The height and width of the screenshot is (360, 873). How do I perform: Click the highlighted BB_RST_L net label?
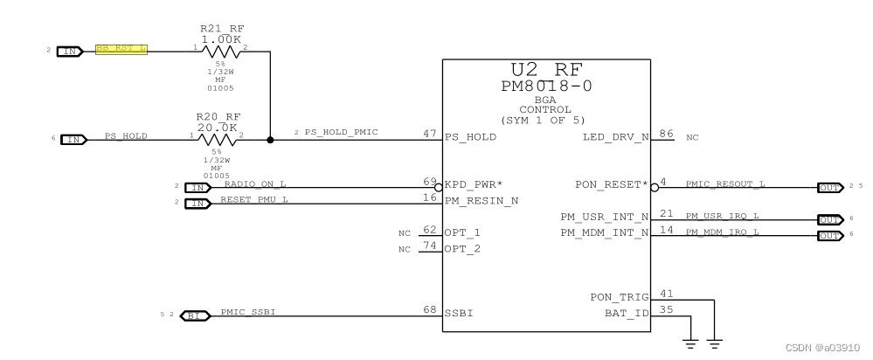click(x=121, y=50)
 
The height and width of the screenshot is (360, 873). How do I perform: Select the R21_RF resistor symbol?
click(x=218, y=51)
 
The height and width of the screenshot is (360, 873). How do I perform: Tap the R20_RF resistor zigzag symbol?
click(x=218, y=139)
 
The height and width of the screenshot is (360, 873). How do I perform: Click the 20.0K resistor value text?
click(x=218, y=127)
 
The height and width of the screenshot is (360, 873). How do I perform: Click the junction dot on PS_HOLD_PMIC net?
click(x=270, y=139)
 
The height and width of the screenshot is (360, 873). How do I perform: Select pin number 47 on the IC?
click(x=428, y=134)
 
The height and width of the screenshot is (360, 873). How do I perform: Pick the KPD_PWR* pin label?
click(x=475, y=185)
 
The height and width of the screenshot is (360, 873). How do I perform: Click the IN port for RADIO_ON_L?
click(x=199, y=187)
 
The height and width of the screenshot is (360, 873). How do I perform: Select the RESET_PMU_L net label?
click(x=253, y=200)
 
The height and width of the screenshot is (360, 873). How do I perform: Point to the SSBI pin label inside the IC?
click(x=459, y=312)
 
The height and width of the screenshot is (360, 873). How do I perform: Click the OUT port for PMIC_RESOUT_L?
click(x=829, y=187)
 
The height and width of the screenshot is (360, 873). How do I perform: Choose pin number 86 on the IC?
click(x=666, y=134)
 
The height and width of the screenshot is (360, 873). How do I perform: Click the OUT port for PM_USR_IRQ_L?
click(x=829, y=218)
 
